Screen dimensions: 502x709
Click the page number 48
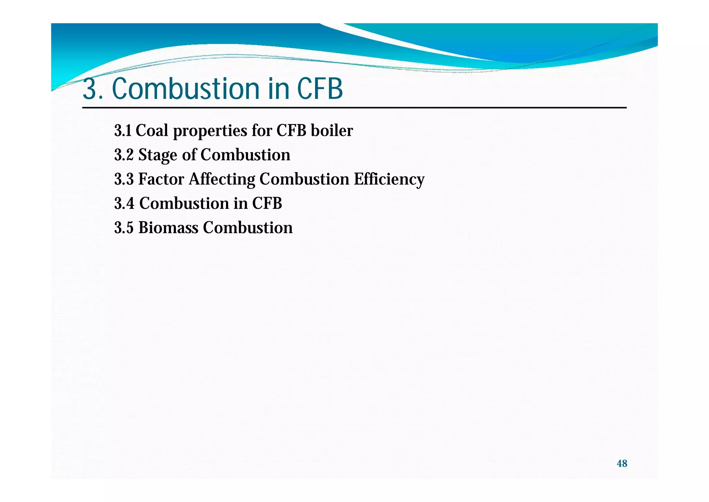(x=622, y=464)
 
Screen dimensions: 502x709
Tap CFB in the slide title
(x=320, y=89)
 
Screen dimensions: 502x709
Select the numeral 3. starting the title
(x=93, y=89)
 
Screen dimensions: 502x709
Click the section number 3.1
(x=123, y=131)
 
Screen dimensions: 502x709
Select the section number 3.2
(x=124, y=155)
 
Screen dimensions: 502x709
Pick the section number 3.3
(x=124, y=179)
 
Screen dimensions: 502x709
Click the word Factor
(x=161, y=179)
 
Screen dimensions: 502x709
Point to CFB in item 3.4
(x=267, y=204)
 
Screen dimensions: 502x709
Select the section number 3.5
(x=124, y=228)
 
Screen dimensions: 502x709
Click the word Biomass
(x=168, y=228)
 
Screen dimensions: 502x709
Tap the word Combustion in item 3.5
(x=248, y=228)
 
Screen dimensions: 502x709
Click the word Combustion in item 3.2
(x=245, y=155)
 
